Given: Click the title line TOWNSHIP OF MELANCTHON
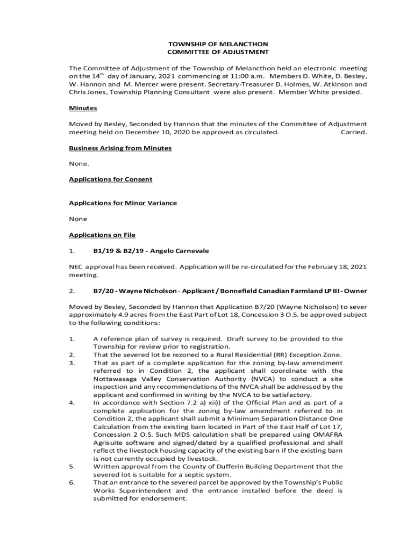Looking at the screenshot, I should click(218, 44).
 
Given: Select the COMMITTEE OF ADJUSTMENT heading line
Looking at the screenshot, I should click(218, 52).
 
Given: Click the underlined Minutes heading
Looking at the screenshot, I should click(83, 108).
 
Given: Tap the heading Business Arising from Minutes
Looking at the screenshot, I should click(120, 148).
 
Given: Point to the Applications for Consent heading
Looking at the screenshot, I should click(111, 179).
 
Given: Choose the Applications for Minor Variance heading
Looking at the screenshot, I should click(123, 203).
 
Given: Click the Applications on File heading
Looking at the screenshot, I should click(102, 235).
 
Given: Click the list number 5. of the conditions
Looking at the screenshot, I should click(72, 466).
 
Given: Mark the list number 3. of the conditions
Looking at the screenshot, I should click(72, 363).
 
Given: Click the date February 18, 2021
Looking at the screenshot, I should click(338, 267).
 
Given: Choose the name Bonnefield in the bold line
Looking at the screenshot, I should click(230, 291).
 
